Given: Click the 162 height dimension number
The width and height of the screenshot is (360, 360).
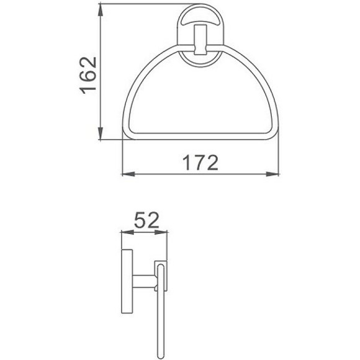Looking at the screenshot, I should coord(88,75).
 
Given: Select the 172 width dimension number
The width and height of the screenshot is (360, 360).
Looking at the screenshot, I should coord(200,163).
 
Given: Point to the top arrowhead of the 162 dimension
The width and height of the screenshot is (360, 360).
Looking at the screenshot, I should coord(101,12).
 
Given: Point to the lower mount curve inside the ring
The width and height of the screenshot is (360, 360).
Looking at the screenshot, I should coord(199,62).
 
